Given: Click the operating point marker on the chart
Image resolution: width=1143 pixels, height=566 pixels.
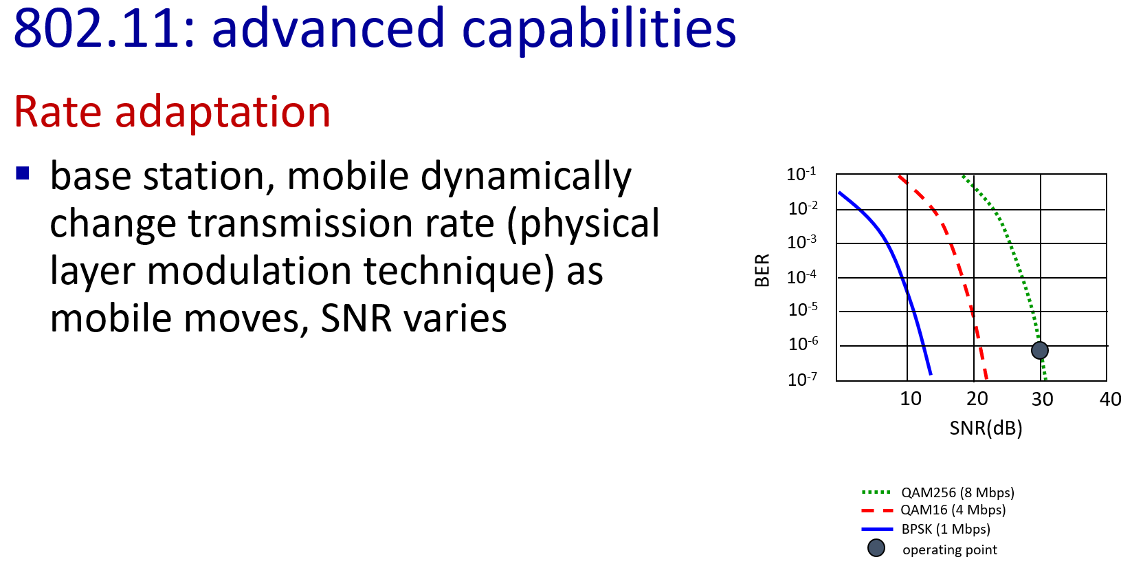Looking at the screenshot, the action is tap(1039, 350).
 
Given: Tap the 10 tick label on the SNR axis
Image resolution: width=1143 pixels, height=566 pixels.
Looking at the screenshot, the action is tap(911, 399).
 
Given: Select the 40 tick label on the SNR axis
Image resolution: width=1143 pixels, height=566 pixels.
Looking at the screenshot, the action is tap(1110, 399).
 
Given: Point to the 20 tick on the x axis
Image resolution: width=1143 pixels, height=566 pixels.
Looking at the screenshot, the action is tap(977, 399).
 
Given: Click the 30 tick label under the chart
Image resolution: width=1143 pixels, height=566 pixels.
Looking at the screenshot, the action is tap(1043, 399).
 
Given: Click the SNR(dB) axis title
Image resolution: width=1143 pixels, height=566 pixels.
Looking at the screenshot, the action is tap(986, 428).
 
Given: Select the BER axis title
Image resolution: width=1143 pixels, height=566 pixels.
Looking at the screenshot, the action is tap(762, 270).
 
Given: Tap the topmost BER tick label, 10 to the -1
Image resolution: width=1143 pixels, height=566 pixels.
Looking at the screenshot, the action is tap(801, 174).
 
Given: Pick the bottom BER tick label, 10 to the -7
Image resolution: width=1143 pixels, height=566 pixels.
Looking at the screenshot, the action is tap(803, 380).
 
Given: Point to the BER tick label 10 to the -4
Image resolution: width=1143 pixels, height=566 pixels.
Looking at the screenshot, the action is tap(801, 277).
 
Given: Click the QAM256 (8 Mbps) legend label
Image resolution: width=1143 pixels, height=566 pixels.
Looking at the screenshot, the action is tap(958, 492).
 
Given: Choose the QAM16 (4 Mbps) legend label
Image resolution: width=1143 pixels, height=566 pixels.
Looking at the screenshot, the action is tap(953, 510).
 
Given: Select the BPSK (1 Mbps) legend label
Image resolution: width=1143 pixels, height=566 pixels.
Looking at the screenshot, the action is tap(946, 530).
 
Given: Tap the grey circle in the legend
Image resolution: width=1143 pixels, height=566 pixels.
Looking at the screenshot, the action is tap(876, 548).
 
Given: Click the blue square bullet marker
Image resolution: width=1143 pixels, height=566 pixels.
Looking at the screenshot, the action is tap(23, 173).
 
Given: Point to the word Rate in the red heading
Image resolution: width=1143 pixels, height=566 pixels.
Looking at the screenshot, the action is tap(58, 112).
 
